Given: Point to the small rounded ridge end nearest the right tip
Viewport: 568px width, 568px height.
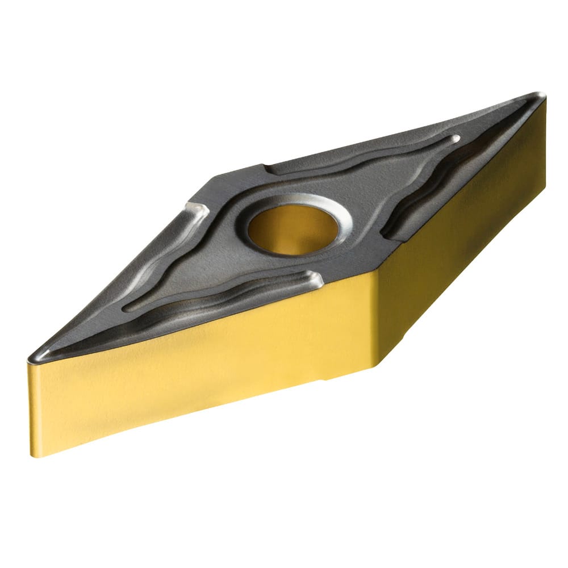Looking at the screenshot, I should click(455, 138).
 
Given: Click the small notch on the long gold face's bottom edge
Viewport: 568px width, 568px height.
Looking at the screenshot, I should click(325, 379).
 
